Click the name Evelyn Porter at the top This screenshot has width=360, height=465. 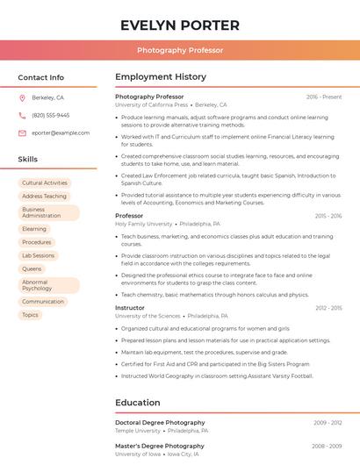179,25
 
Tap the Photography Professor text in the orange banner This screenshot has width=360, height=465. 179,51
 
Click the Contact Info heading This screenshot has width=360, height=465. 40,77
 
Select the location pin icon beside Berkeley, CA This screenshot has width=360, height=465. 22,97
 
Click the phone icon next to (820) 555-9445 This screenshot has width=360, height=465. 22,115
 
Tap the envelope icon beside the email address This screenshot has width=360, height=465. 22,133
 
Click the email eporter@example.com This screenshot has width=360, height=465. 61,133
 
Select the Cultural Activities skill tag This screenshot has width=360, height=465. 44,183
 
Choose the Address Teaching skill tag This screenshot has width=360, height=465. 44,197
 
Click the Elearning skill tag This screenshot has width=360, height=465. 34,229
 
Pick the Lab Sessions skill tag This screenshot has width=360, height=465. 38,255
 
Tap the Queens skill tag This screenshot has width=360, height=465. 32,268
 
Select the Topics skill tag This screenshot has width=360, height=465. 30,315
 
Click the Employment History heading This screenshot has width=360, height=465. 161,77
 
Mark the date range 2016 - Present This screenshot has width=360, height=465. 324,97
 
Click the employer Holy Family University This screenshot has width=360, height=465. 144,224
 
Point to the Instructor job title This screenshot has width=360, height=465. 130,308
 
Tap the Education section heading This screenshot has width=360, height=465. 137,403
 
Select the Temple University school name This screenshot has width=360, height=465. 139,431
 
